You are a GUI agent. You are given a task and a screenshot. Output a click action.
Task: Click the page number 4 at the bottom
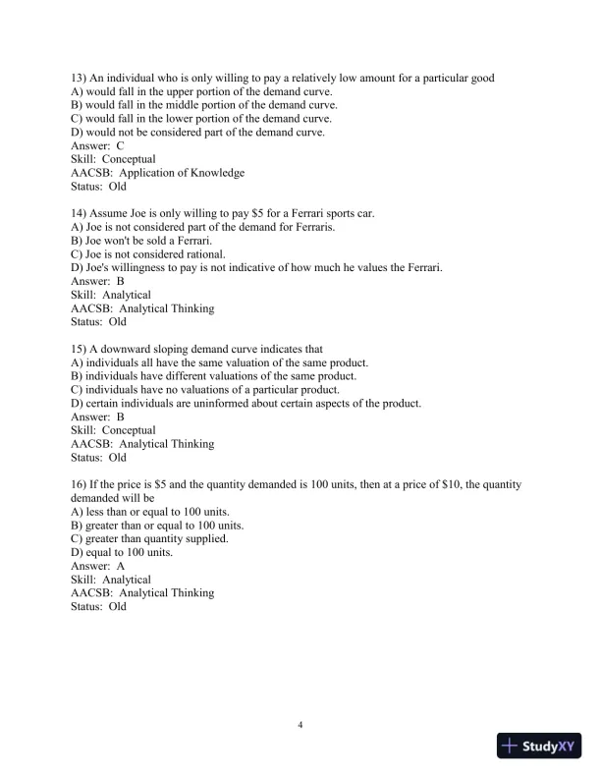(x=300, y=726)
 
